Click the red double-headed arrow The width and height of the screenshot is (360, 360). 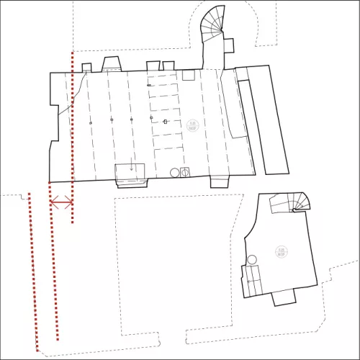pyautogui.click(x=60, y=202)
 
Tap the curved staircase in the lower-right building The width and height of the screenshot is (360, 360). pyautogui.click(x=297, y=202)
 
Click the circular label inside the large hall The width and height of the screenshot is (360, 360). pyautogui.click(x=192, y=125)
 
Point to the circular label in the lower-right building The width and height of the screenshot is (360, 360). pyautogui.click(x=282, y=252)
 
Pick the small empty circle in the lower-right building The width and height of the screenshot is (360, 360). pyautogui.click(x=252, y=260)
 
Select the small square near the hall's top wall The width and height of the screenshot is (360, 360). pyautogui.click(x=189, y=75)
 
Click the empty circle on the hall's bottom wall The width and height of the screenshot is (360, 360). pyautogui.click(x=174, y=172)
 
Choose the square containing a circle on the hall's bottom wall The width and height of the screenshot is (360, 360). pyautogui.click(x=184, y=172)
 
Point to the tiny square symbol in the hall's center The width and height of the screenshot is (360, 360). pyautogui.click(x=165, y=122)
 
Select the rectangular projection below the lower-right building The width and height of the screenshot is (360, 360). pyautogui.click(x=282, y=297)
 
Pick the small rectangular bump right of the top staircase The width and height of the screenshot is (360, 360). pyautogui.click(x=230, y=45)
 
